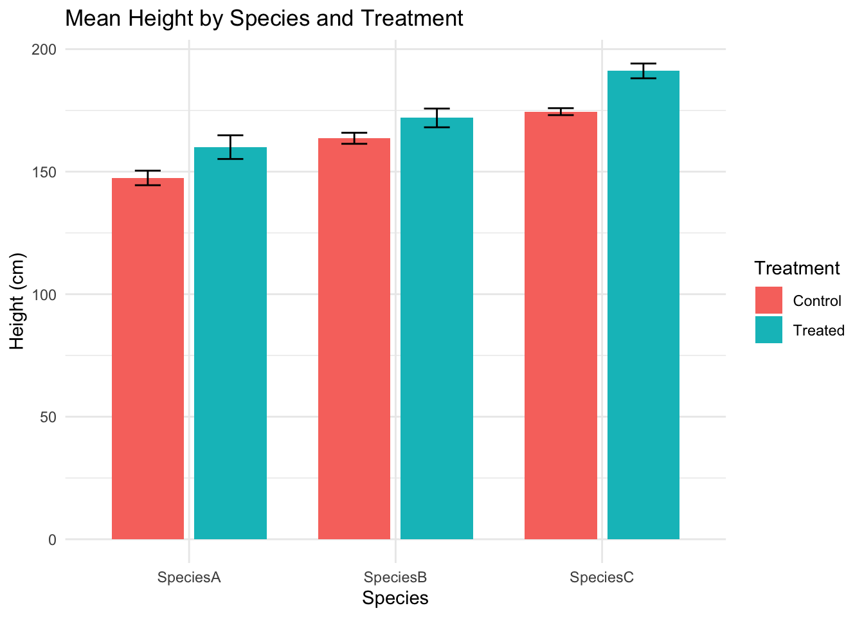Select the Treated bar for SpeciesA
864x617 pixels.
pyautogui.click(x=230, y=343)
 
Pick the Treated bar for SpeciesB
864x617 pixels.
pyautogui.click(x=437, y=328)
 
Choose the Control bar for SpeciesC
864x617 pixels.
pyautogui.click(x=561, y=325)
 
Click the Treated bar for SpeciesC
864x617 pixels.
pyautogui.click(x=643, y=305)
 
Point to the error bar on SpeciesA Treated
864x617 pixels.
pyautogui.click(x=230, y=147)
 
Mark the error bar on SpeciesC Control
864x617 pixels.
pyautogui.click(x=561, y=112)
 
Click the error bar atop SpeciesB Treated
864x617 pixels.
pyautogui.click(x=437, y=118)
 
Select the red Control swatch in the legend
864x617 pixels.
pyautogui.click(x=769, y=300)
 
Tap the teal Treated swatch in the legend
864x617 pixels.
pyautogui.click(x=769, y=330)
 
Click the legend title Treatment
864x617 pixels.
pyautogui.click(x=797, y=268)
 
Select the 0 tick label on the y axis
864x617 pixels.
pyautogui.click(x=51, y=540)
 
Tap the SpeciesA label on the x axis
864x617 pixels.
pyautogui.click(x=189, y=577)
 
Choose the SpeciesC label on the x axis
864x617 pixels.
pyautogui.click(x=602, y=577)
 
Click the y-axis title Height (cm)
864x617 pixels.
pyautogui.click(x=17, y=302)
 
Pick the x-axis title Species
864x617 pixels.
pyautogui.click(x=395, y=598)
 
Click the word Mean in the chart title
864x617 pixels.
pyautogui.click(x=91, y=18)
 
